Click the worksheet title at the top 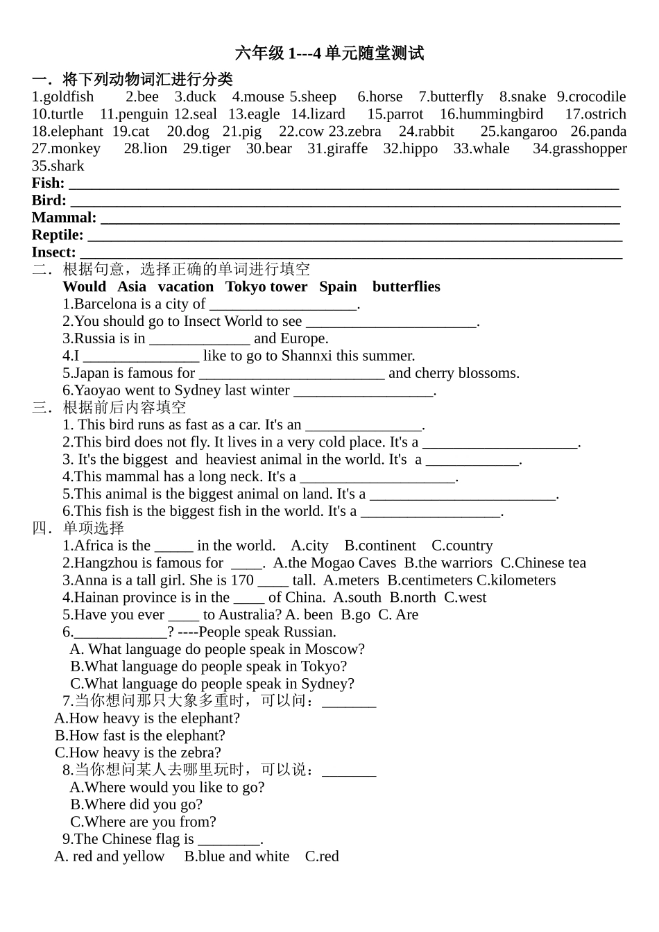pyautogui.click(x=329, y=53)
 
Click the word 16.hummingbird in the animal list pyautogui.click(x=491, y=114)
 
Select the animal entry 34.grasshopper pyautogui.click(x=579, y=149)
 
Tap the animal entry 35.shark pyautogui.click(x=58, y=166)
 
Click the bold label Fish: pyautogui.click(x=48, y=184)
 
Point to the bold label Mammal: pyautogui.click(x=64, y=218)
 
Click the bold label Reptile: pyautogui.click(x=58, y=235)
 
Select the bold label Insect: pyautogui.click(x=53, y=252)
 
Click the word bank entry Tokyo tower pyautogui.click(x=266, y=287)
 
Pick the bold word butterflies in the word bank pyautogui.click(x=406, y=287)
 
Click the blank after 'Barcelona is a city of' pyautogui.click(x=282, y=305)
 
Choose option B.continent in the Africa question pyautogui.click(x=380, y=546)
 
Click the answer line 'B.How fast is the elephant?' pyautogui.click(x=140, y=736)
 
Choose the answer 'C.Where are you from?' pyautogui.click(x=143, y=822)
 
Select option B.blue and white pyautogui.click(x=237, y=857)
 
